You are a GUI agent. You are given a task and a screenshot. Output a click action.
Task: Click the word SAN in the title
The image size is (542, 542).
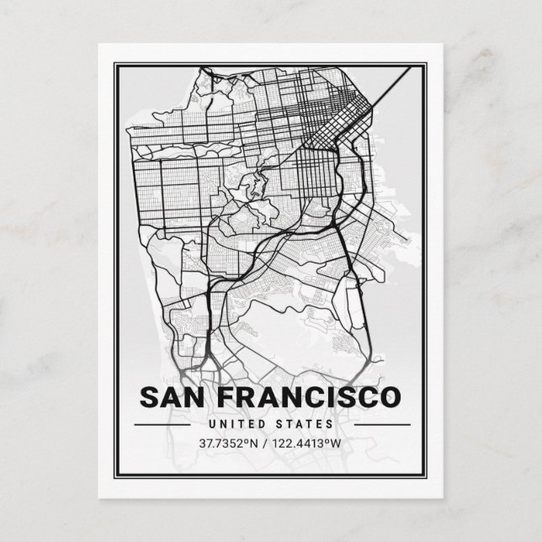pyautogui.click(x=170, y=396)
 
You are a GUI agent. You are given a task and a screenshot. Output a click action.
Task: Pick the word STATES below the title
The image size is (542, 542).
pyautogui.click(x=306, y=424)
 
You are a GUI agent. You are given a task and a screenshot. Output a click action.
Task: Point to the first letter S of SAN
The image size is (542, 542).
pyautogui.click(x=146, y=396)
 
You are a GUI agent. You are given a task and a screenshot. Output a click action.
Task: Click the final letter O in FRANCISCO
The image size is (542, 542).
pyautogui.click(x=392, y=396)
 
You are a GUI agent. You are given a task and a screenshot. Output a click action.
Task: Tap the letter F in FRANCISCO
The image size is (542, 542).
pyautogui.click(x=219, y=396)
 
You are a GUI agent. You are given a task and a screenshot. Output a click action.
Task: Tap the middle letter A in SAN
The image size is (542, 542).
pyautogui.click(x=169, y=396)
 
